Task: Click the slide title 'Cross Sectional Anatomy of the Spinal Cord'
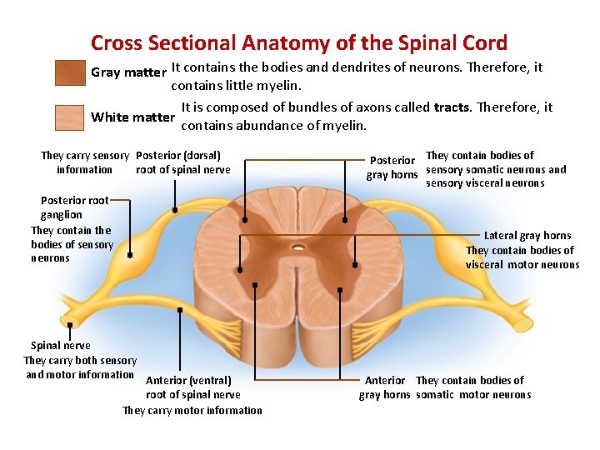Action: [298, 42]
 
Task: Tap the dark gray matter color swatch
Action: [69, 73]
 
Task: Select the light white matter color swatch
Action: [69, 117]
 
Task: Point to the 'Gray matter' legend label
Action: [128, 72]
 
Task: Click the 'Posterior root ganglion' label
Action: [74, 207]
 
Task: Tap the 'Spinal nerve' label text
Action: [60, 346]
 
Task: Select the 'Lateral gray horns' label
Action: [527, 236]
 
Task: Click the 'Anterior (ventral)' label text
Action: [188, 381]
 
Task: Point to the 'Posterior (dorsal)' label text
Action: [177, 155]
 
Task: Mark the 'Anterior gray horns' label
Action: [385, 387]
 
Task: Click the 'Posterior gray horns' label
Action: [392, 167]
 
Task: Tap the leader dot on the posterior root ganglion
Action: [130, 255]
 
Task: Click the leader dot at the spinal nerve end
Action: [71, 325]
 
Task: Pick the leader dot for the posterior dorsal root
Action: [174, 210]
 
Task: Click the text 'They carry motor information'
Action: [192, 410]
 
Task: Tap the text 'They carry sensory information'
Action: [84, 162]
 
